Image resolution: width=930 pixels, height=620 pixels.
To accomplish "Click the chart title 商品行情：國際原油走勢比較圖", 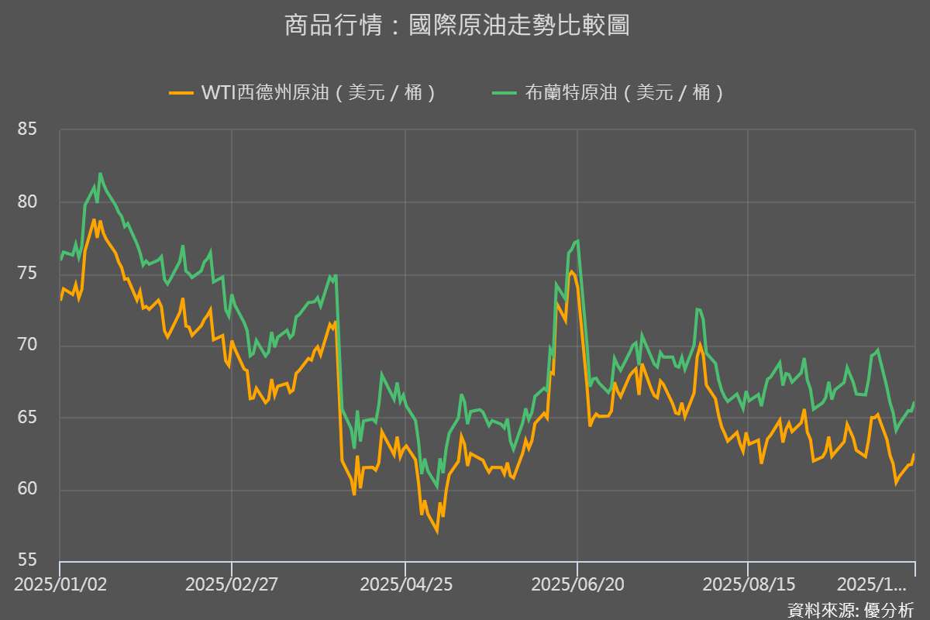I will click(456, 26).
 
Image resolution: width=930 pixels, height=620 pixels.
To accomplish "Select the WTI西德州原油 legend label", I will click(318, 93).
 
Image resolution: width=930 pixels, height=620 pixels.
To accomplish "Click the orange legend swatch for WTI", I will click(181, 93).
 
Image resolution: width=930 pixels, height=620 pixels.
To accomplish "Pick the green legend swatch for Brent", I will click(505, 93).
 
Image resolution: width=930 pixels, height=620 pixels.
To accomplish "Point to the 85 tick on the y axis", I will click(28, 129).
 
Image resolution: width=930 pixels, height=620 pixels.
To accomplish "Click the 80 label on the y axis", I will click(28, 201).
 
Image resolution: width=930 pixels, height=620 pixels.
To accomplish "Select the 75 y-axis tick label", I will click(28, 274).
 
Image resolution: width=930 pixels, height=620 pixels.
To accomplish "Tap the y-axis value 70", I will click(28, 346).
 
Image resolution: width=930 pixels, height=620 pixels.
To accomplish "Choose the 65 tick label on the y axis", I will click(28, 417).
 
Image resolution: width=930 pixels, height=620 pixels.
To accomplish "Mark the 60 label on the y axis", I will click(28, 489).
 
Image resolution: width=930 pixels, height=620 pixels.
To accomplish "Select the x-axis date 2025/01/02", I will click(59, 583).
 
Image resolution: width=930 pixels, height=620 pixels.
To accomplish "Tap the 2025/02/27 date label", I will click(232, 583).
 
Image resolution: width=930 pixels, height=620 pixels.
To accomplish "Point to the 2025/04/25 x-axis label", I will click(405, 583).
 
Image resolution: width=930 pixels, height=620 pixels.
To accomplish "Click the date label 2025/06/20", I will click(577, 583).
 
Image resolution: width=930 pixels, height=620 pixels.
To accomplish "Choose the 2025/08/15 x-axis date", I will click(748, 583).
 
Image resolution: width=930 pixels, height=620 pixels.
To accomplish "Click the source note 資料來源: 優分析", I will click(850, 609).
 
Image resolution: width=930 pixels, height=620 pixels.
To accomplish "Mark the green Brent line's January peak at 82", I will click(100, 174).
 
